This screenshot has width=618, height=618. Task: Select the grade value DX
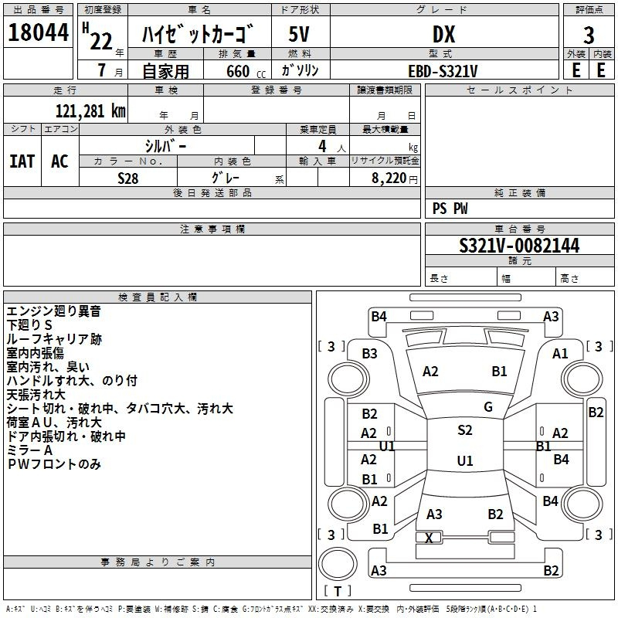tap(443, 35)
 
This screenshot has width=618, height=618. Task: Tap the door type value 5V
tap(300, 35)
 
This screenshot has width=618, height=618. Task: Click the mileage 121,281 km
tap(90, 110)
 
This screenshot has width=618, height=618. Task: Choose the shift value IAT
tap(22, 161)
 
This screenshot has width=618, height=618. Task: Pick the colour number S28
tap(128, 177)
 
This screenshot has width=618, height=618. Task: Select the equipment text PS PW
tap(450, 208)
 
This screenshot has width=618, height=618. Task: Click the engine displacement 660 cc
tap(237, 71)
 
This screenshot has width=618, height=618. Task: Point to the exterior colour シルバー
tap(165, 145)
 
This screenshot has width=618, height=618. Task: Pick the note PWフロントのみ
tap(53, 464)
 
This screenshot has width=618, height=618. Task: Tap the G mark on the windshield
tap(488, 407)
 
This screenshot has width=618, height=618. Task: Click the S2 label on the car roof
tap(464, 430)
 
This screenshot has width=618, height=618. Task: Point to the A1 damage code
tap(560, 353)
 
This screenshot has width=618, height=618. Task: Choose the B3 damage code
tap(370, 353)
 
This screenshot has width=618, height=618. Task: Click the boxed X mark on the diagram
tap(429, 538)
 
